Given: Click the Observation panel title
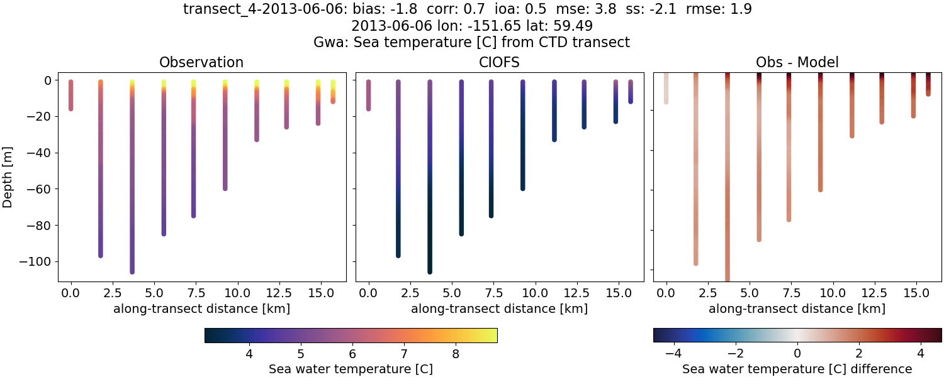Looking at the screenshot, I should tap(201, 62).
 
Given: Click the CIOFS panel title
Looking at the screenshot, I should tap(500, 62).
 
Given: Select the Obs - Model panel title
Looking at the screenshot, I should tap(797, 62).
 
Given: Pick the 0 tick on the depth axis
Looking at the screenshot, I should tap(47, 80).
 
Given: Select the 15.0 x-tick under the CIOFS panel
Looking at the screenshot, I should tap(615, 293).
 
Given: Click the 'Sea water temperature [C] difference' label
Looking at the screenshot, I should tap(797, 369).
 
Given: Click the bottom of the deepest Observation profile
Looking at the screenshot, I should tap(132, 271).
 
